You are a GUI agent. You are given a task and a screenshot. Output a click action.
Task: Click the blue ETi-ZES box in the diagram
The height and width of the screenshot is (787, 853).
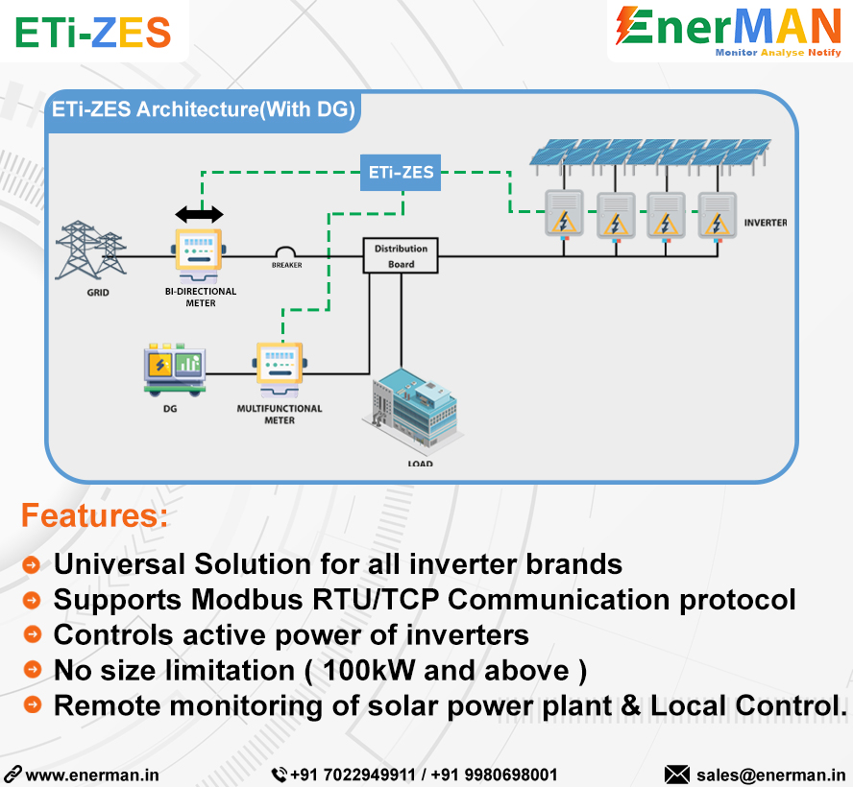[402, 173]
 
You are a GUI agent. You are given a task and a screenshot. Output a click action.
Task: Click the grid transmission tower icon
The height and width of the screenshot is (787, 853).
[92, 251]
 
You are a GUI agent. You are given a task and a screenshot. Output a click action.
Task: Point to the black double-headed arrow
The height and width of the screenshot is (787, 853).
[199, 214]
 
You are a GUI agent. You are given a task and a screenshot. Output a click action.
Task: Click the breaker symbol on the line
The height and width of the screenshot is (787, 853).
[286, 251]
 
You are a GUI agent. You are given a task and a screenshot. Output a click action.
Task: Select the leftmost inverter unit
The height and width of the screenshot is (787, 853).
[565, 215]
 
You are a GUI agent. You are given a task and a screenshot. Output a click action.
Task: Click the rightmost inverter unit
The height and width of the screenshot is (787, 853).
[717, 215]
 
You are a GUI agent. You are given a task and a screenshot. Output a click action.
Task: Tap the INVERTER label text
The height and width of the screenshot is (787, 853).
[765, 223]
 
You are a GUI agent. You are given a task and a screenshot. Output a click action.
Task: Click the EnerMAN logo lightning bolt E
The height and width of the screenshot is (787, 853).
[634, 27]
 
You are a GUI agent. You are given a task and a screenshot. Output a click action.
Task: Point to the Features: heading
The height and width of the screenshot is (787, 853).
[94, 515]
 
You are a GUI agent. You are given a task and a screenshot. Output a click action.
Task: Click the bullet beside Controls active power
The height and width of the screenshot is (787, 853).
[33, 634]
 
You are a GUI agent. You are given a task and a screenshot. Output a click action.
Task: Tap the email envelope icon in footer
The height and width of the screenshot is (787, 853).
[677, 774]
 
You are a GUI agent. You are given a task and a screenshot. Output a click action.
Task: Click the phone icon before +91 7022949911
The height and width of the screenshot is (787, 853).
[279, 774]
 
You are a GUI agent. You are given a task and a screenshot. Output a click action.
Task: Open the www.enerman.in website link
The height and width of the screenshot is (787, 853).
[92, 775]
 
